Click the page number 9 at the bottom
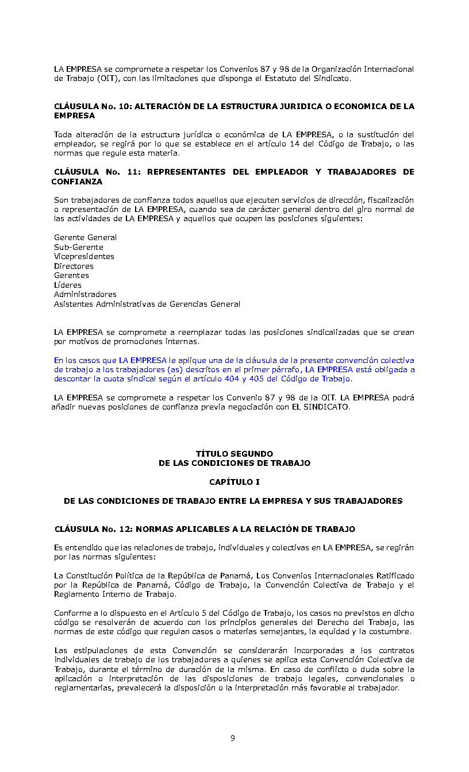232,739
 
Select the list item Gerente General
85,237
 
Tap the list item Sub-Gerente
79,247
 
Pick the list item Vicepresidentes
84,256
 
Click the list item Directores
74,266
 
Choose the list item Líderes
68,285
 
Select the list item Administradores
85,294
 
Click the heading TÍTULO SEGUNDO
234,454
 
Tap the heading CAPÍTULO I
234,482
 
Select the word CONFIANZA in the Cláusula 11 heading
76,182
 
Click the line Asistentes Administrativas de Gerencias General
147,304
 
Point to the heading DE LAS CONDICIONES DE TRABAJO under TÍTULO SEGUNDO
234,463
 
